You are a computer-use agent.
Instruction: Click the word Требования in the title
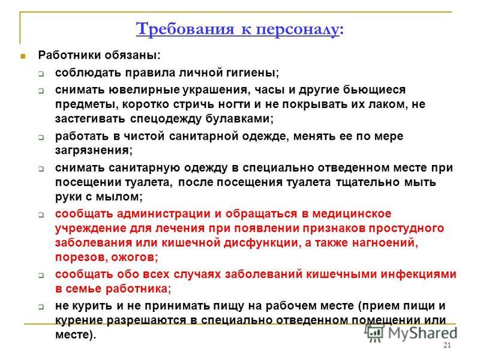pyautogui.click(x=185, y=29)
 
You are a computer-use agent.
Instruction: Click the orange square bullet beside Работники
pyautogui.click(x=23, y=56)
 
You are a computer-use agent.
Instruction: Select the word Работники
pyautogui.click(x=70, y=55)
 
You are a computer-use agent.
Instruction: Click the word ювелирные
pyautogui.click(x=144, y=90)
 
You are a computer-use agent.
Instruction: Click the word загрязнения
pyautogui.click(x=94, y=151)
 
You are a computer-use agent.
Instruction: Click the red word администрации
pyautogui.click(x=163, y=214)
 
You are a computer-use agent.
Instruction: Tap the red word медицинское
pyautogui.click(x=352, y=214)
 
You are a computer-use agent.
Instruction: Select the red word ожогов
pyautogui.click(x=134, y=257)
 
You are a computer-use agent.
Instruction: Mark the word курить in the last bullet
pyautogui.click(x=92, y=306)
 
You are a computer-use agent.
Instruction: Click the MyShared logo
pyautogui.click(x=411, y=333)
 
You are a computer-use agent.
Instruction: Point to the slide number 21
pyautogui.click(x=447, y=346)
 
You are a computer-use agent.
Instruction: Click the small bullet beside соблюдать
pyautogui.click(x=41, y=74)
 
